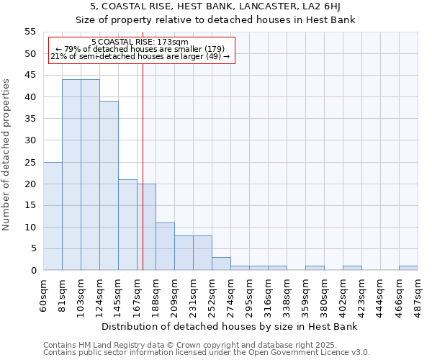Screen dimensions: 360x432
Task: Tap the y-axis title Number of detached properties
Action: click(x=6, y=155)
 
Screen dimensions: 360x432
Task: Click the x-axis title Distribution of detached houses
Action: click(x=230, y=326)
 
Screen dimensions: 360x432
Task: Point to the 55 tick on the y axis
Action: click(x=30, y=32)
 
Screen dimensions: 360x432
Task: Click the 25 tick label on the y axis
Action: click(x=30, y=162)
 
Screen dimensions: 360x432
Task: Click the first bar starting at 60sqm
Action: click(x=53, y=216)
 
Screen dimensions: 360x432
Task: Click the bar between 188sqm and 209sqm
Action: click(x=165, y=246)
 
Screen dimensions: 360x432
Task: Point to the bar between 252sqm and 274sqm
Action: click(x=221, y=264)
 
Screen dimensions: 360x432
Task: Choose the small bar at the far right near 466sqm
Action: click(x=408, y=268)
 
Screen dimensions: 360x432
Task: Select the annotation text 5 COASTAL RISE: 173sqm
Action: click(x=140, y=42)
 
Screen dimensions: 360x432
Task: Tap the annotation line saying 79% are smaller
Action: click(x=140, y=49)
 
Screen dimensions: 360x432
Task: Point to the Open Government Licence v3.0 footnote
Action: click(x=207, y=353)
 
